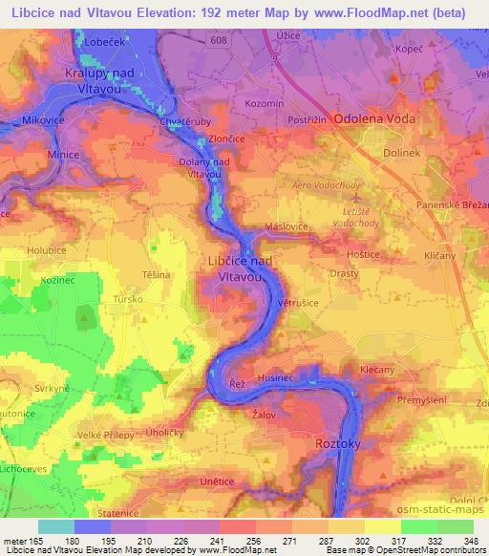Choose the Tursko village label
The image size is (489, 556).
(x=127, y=298)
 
